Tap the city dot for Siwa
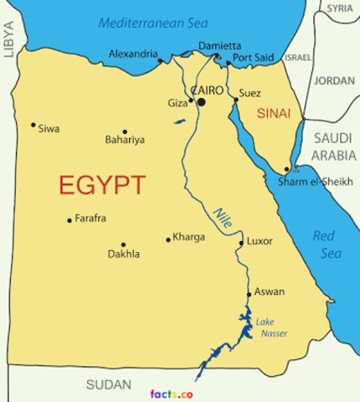[x=33, y=125]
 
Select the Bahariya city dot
[x=125, y=131]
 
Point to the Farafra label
[x=90, y=219]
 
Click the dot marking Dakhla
[x=123, y=245]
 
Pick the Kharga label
[x=188, y=237]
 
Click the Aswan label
[x=270, y=291]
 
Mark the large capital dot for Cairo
[x=201, y=102]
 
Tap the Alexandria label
[x=132, y=54]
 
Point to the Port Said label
[x=253, y=58]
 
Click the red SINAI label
[x=274, y=113]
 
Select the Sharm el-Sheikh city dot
[x=286, y=168]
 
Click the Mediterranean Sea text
[x=153, y=23]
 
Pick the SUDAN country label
[x=109, y=385]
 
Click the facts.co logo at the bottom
[x=172, y=393]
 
